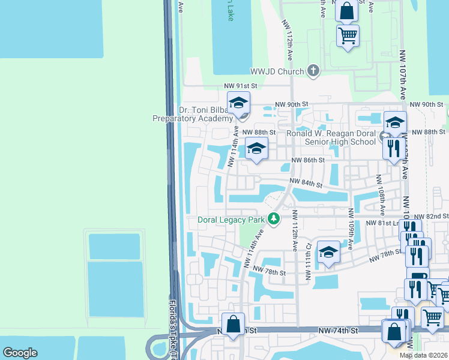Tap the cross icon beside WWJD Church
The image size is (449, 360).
(x=312, y=71)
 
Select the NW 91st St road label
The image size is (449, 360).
(x=240, y=86)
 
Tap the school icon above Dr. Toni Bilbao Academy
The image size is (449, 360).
(x=238, y=103)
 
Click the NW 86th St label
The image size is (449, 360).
(x=308, y=160)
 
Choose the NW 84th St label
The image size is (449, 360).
(x=306, y=183)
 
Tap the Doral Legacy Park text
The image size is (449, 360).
(x=231, y=220)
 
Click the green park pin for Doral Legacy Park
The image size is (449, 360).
(x=274, y=219)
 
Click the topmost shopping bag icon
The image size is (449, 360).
(x=347, y=10)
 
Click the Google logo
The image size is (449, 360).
(x=20, y=353)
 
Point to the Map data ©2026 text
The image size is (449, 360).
(x=424, y=355)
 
